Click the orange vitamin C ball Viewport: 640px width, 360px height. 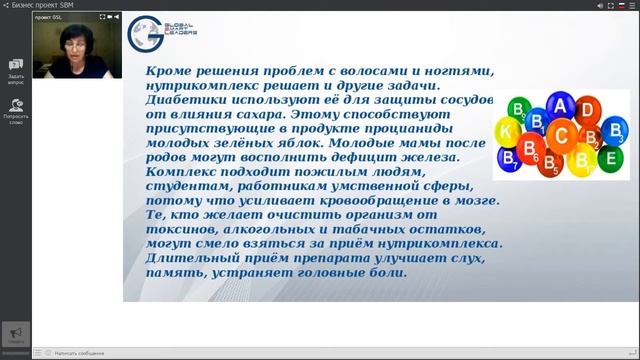tap(562, 136)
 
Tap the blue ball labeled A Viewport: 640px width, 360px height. tap(560, 107)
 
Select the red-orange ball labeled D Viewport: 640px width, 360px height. tap(588, 110)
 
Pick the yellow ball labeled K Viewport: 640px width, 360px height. tap(507, 132)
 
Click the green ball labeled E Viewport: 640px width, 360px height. tap(610, 157)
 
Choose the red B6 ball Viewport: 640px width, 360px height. tap(530, 149)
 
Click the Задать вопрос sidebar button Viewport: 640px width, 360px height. tap(16, 70)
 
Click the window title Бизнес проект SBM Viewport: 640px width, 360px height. tap(46, 5)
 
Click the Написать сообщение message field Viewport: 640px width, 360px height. tap(80, 353)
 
